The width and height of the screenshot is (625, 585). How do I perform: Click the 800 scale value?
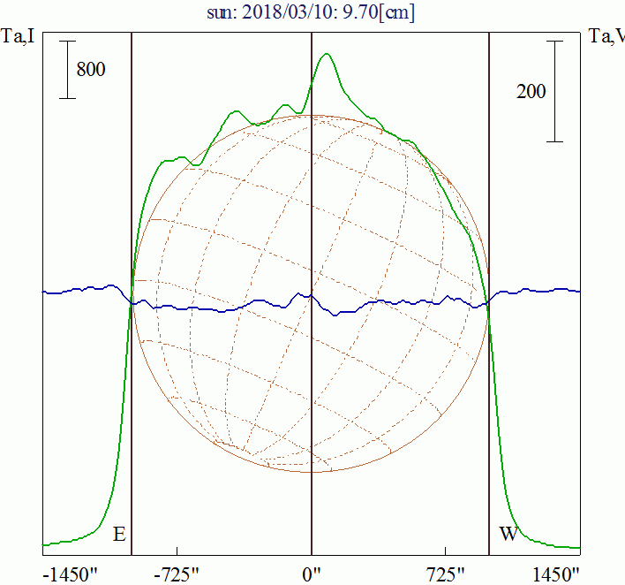coord(91,70)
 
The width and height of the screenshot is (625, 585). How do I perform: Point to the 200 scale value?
coord(531,91)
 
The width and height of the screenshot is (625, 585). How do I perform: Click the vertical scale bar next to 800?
coord(67,70)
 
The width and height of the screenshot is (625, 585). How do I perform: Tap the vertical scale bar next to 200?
coord(554,91)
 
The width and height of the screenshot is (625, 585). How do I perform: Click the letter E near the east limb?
coord(119,535)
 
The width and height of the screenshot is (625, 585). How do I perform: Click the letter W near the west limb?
coord(508,535)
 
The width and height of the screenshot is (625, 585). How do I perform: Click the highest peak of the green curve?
coord(328,54)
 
